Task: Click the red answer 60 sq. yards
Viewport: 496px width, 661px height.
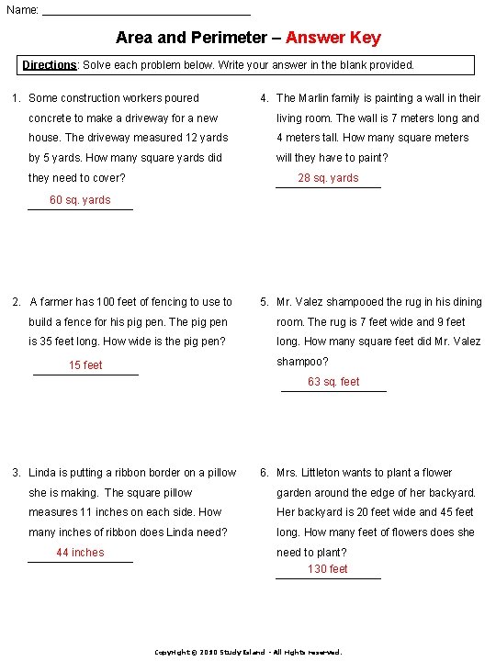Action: point(80,200)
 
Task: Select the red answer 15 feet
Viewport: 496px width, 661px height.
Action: point(85,365)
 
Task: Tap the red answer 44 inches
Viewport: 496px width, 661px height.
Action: point(80,553)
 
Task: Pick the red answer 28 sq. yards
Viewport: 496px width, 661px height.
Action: point(328,178)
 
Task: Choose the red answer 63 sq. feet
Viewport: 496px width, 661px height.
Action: point(333,382)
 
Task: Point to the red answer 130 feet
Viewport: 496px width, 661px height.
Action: point(328,569)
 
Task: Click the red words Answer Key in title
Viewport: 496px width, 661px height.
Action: point(333,38)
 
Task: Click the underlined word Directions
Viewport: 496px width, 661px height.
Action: point(50,65)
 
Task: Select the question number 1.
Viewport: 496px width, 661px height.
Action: point(16,98)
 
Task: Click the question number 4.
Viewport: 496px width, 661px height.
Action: point(264,98)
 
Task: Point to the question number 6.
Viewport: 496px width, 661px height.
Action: point(264,473)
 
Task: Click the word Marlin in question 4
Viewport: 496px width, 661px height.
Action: point(317,98)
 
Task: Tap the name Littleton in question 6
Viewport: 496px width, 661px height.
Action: point(339,473)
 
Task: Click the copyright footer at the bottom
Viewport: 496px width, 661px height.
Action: point(247,652)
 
